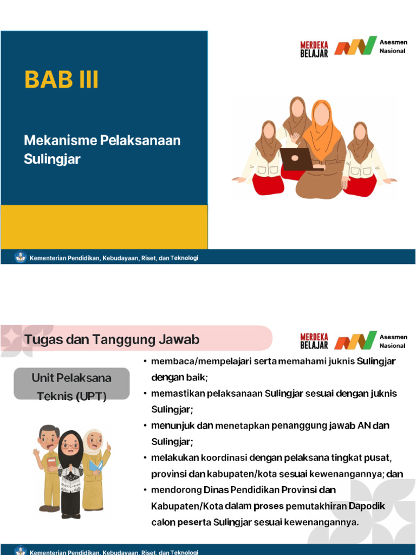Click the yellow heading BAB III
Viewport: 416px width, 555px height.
pyautogui.click(x=61, y=80)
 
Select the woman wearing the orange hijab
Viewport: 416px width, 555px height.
pyautogui.click(x=322, y=146)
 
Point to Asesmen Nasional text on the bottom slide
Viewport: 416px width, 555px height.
pyautogui.click(x=393, y=341)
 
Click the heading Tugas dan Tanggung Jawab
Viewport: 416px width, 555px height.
pyautogui.click(x=112, y=340)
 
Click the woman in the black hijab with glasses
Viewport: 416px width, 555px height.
pyautogui.click(x=70, y=472)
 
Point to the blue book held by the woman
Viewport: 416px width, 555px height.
pyautogui.click(x=96, y=466)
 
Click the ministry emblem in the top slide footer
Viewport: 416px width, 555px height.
pyautogui.click(x=21, y=257)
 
